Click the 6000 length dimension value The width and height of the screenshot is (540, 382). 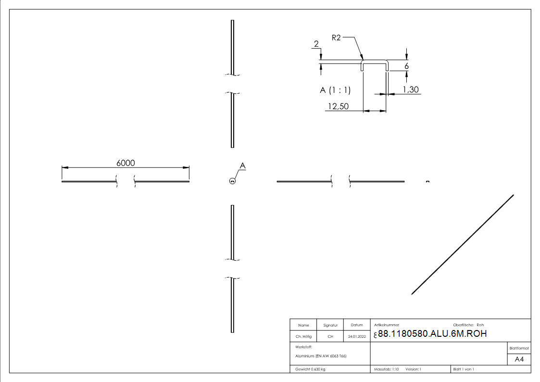(126, 163)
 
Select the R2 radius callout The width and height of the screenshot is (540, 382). (336, 38)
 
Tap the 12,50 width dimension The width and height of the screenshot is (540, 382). (337, 106)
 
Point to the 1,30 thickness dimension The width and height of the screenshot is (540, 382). (410, 89)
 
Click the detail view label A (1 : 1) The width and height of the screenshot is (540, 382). (335, 90)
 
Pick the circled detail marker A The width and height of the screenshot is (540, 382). (232, 181)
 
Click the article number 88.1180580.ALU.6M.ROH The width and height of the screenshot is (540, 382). (432, 334)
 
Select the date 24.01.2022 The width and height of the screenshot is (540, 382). (356, 337)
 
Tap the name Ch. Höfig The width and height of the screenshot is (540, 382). (303, 337)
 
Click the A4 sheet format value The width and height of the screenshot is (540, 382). (519, 359)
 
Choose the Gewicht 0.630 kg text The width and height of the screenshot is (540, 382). (311, 369)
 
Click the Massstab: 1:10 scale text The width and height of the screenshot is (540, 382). (387, 369)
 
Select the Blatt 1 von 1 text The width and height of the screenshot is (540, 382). (464, 369)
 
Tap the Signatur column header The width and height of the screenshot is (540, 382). (330, 325)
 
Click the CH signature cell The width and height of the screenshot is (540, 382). (330, 337)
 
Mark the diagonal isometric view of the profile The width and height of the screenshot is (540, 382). (463, 244)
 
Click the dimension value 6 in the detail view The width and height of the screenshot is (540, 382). (407, 66)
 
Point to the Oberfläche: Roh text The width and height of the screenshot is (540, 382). (468, 325)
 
